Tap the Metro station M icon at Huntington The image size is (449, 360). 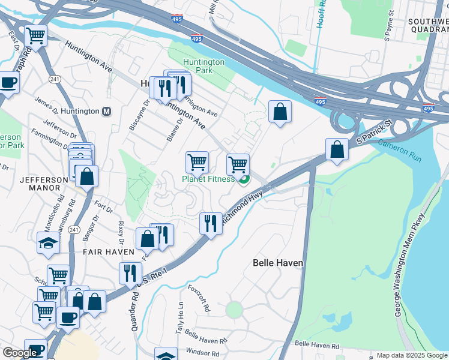(107, 112)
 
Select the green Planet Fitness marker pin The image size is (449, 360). (244, 180)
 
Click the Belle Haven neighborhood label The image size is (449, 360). (278, 263)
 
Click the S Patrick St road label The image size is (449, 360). (373, 131)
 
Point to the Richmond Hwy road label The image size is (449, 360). (243, 208)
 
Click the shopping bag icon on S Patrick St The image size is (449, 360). (337, 149)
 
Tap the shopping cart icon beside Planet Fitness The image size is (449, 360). (238, 164)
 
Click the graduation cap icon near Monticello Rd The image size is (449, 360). (49, 244)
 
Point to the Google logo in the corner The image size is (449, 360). (20, 353)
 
